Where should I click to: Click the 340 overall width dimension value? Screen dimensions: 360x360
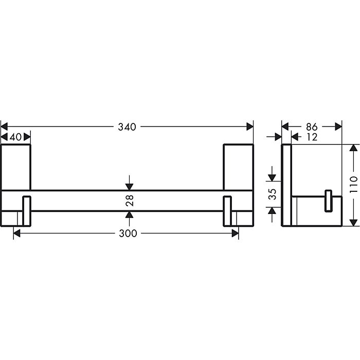tap(127, 127)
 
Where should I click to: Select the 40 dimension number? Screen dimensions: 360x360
tap(15, 137)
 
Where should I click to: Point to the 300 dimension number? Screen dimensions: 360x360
tap(128, 233)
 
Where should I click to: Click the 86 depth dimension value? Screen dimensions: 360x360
tap(312, 127)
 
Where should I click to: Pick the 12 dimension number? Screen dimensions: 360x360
tap(311, 137)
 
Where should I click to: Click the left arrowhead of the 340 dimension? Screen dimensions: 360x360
tap(5, 127)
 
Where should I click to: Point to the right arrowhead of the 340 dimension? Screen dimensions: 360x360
tap(250, 127)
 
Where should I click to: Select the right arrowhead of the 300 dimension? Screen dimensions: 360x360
tap(235, 233)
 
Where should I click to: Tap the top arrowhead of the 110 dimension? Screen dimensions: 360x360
tap(352, 148)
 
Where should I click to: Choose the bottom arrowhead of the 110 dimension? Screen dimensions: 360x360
tap(352, 223)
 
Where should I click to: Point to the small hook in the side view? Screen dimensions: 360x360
tap(328, 201)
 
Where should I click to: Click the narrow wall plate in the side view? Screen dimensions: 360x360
tap(287, 185)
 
